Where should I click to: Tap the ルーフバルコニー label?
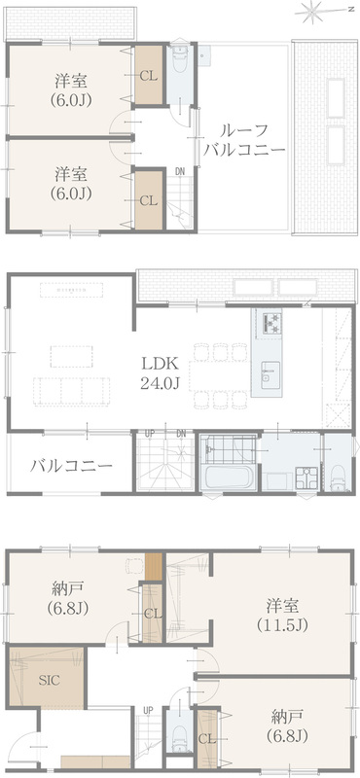[244, 140]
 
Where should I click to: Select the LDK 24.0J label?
[160, 373]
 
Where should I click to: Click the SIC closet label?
[50, 680]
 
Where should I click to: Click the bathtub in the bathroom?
[230, 477]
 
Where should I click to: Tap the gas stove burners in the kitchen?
[269, 323]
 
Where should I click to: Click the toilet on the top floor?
[179, 60]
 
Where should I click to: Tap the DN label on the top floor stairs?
[180, 171]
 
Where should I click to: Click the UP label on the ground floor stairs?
[148, 711]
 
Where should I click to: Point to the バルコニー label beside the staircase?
[71, 466]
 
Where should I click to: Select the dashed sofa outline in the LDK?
[71, 391]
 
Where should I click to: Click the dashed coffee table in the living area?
[71, 356]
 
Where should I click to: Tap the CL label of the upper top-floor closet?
[149, 76]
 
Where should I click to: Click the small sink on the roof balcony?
[204, 55]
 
